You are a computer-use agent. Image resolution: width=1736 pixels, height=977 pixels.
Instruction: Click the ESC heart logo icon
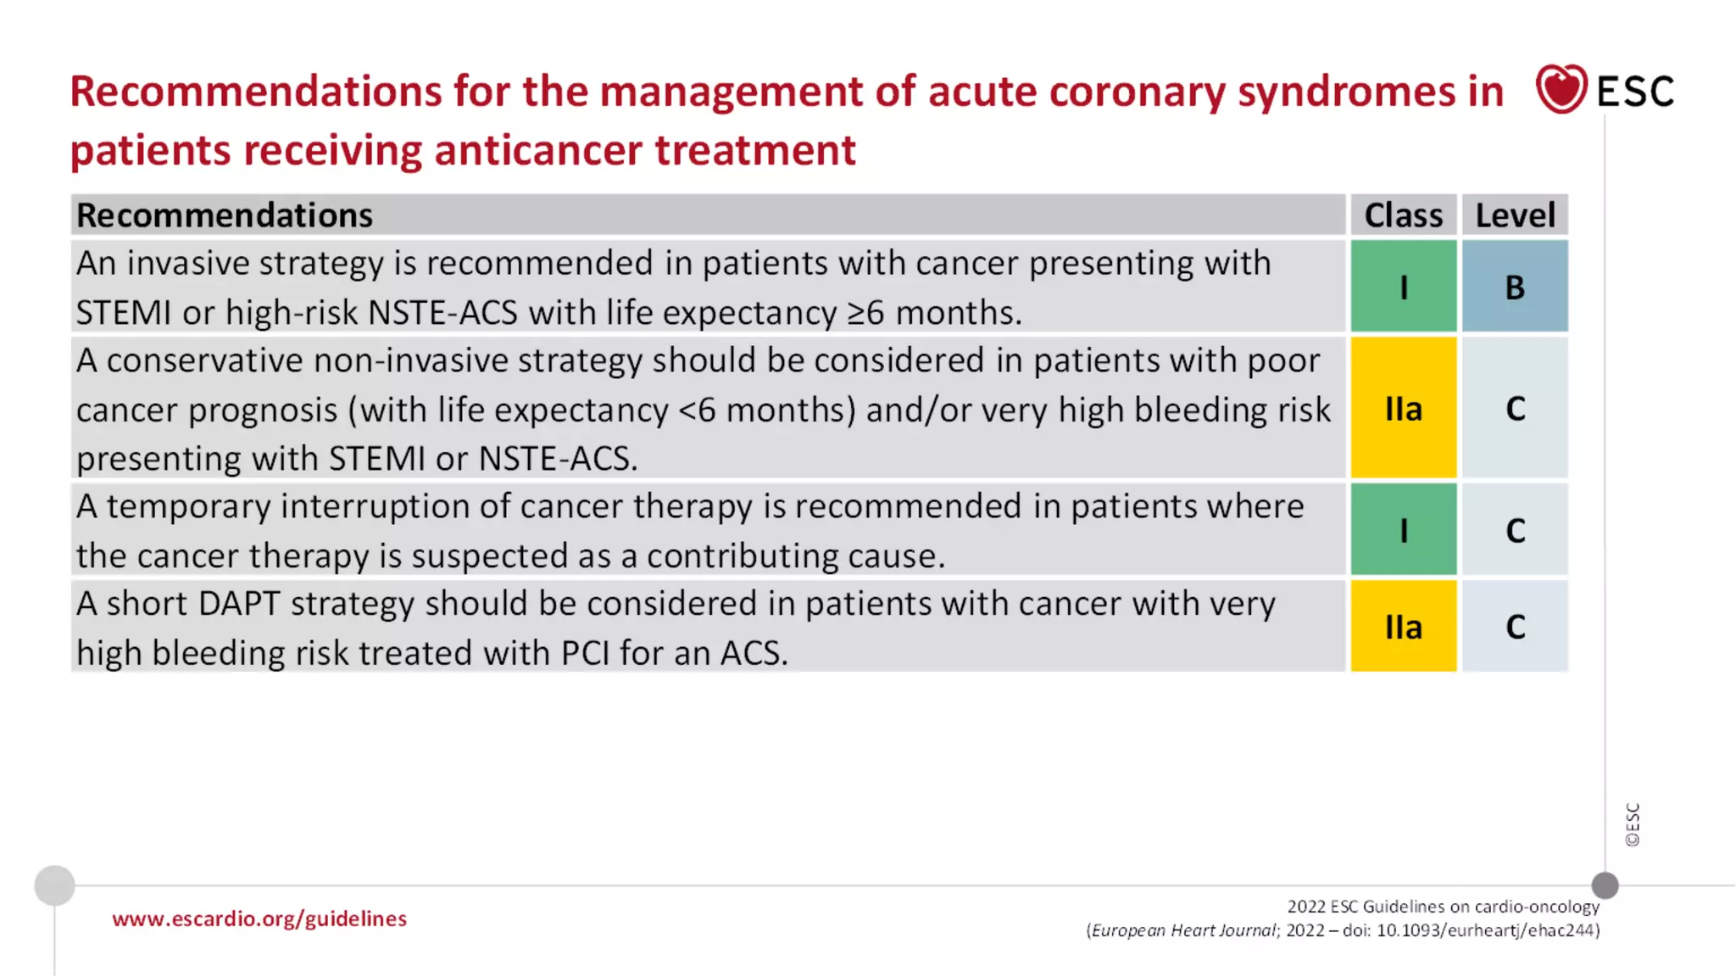pos(1561,88)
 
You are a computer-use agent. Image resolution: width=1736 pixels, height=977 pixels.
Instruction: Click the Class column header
pos(1403,215)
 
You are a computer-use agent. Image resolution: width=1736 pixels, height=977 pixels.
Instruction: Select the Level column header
pos(1515,215)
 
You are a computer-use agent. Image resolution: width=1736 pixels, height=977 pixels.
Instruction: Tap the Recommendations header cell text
pos(225,215)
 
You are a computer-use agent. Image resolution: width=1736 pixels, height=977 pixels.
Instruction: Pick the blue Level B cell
pos(1515,287)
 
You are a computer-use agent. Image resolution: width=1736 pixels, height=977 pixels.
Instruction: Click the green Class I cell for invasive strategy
pos(1403,287)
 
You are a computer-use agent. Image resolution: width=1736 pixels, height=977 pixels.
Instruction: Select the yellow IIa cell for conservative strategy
pos(1403,408)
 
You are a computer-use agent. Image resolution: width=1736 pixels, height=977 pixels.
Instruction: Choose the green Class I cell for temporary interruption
pos(1403,530)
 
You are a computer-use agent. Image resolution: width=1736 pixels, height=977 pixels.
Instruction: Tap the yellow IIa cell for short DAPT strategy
pos(1403,627)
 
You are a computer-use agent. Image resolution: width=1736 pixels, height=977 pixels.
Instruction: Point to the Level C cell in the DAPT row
pos(1515,627)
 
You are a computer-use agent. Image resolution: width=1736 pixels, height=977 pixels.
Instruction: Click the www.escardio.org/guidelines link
pos(259,918)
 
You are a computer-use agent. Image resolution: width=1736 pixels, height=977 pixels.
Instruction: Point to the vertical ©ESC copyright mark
pos(1633,824)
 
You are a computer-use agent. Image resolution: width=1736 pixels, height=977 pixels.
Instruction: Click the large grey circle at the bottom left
pos(54,885)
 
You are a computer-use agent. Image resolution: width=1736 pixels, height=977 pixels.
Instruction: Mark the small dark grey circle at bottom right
pos(1605,885)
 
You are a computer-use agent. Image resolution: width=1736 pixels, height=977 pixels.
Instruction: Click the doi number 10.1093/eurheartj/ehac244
pos(1488,930)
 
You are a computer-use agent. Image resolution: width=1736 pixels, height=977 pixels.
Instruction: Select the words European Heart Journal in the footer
pos(1183,930)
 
